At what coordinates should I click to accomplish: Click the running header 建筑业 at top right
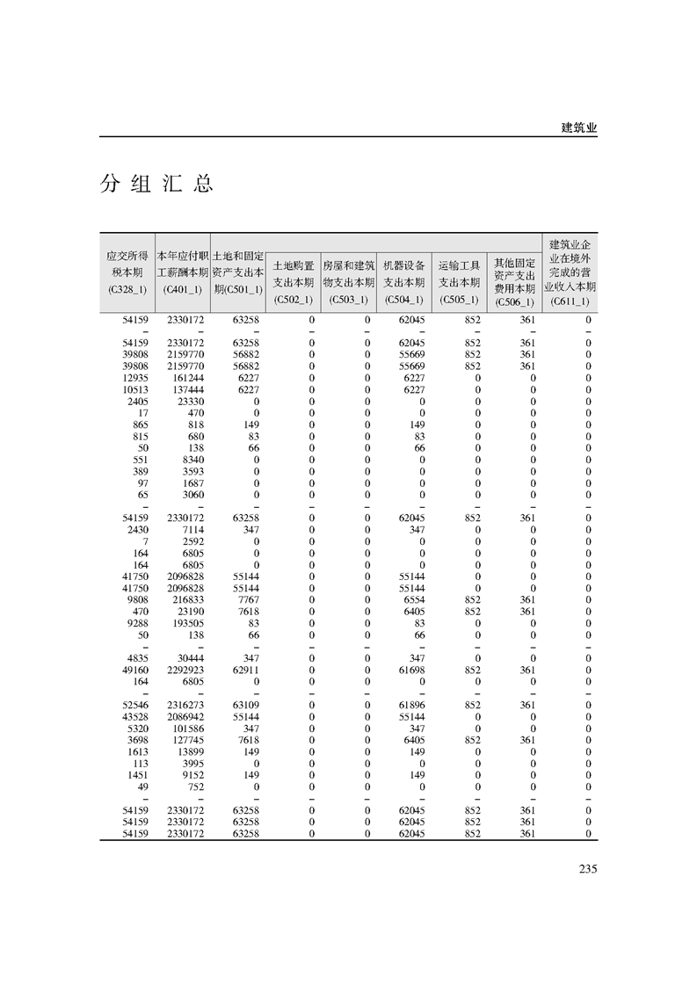point(579,127)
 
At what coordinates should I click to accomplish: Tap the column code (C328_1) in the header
point(127,289)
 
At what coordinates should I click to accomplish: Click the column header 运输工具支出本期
point(459,273)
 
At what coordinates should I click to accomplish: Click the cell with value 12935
point(134,378)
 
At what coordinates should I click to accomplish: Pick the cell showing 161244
point(186,378)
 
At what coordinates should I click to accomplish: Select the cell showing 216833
point(186,600)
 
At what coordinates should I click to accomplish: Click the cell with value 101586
point(186,728)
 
